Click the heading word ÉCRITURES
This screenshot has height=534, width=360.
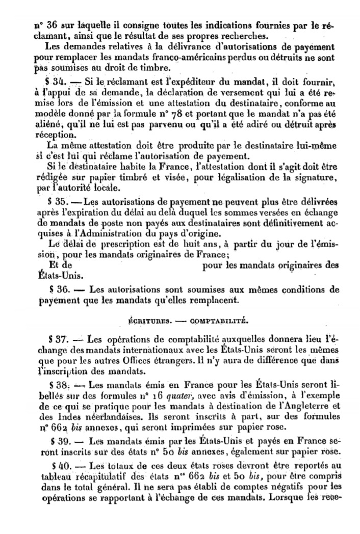150,322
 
